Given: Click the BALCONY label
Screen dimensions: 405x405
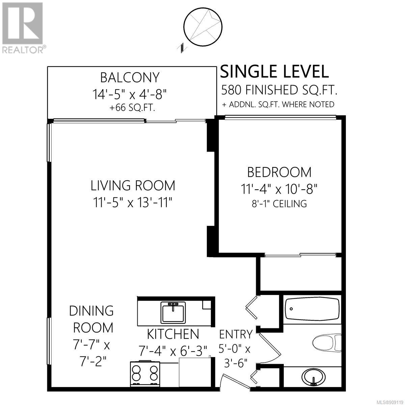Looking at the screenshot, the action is [x=130, y=78].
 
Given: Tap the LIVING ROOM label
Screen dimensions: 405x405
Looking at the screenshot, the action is [x=133, y=186].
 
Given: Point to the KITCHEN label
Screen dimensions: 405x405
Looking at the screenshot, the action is [x=173, y=334].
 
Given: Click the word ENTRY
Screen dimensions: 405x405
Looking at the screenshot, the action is [x=236, y=334].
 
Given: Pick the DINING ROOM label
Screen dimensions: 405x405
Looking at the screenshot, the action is [x=91, y=319].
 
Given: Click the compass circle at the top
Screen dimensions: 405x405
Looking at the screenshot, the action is [x=203, y=27].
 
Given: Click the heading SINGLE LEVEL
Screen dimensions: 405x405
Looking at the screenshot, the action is [x=274, y=72].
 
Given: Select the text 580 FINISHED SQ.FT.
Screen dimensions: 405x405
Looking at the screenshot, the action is [x=279, y=90].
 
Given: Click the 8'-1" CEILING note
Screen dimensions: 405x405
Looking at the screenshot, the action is [x=279, y=204].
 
